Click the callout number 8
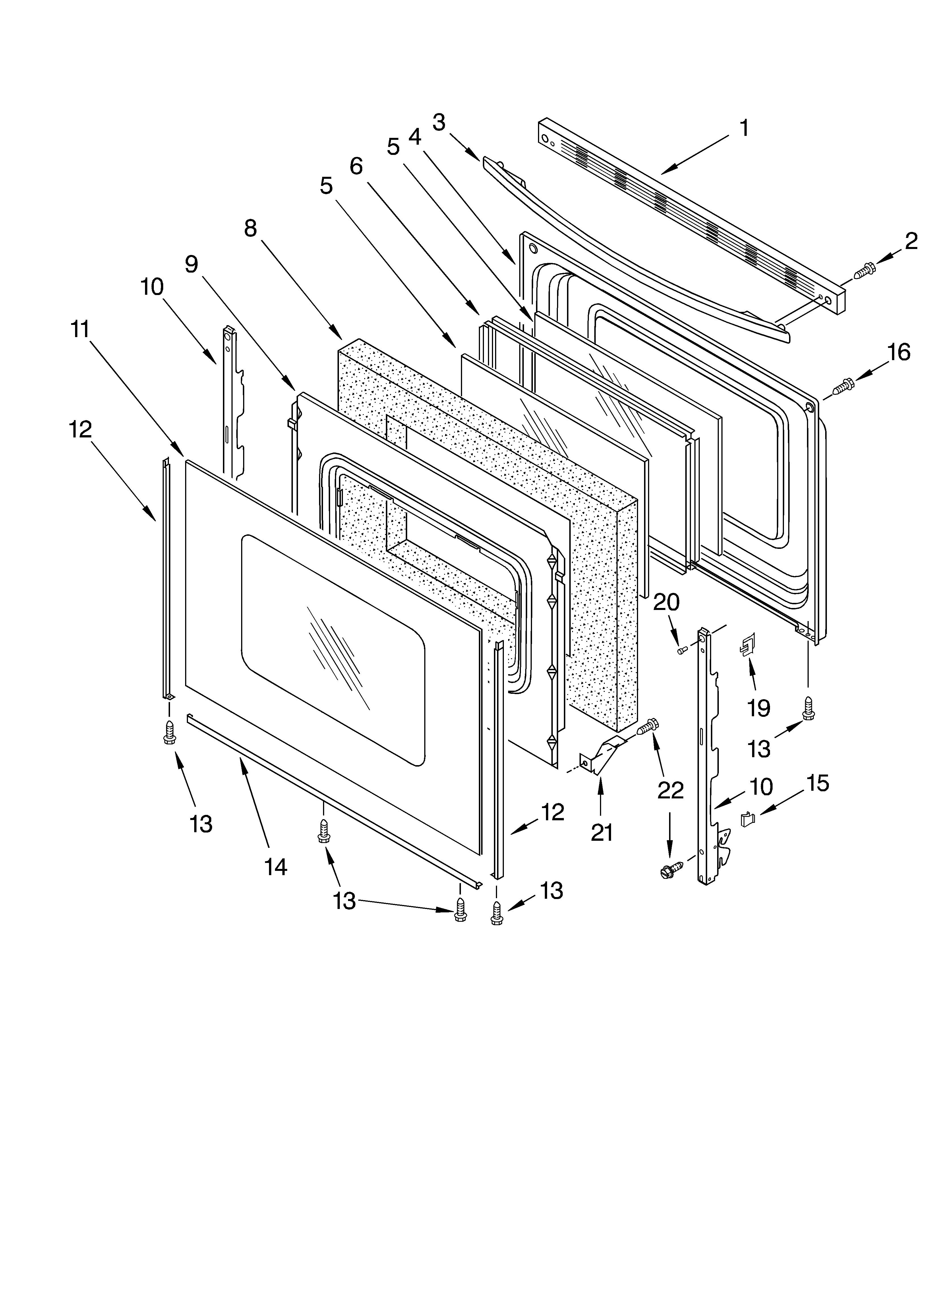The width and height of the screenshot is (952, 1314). coord(251,229)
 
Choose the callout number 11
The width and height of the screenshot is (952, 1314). coord(80,329)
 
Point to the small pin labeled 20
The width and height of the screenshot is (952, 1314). coord(682,651)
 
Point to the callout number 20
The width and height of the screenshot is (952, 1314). coord(666,603)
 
